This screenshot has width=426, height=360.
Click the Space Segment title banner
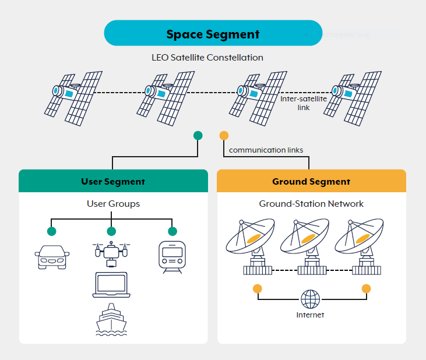point(213,33)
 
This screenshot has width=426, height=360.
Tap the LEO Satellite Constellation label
point(207,58)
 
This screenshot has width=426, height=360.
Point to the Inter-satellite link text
point(303,103)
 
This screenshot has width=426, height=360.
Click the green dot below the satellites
point(198,136)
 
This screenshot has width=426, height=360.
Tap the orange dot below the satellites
point(223,136)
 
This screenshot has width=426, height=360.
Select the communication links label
point(266,150)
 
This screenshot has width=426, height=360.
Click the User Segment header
point(113,181)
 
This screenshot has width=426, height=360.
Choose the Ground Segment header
point(311,181)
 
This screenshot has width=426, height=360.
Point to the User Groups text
point(113,204)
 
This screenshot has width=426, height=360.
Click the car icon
point(52,257)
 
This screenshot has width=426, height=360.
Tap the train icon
point(171,257)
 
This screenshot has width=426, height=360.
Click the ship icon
point(111,321)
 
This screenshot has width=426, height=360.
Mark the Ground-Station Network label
point(311,204)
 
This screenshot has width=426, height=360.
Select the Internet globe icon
point(310,299)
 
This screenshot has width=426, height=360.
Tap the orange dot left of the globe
point(257,289)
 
